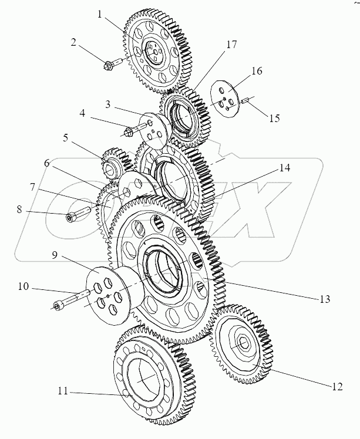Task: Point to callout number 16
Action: coord(256,70)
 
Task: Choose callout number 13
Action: coord(324,299)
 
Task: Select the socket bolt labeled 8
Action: coord(72,218)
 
